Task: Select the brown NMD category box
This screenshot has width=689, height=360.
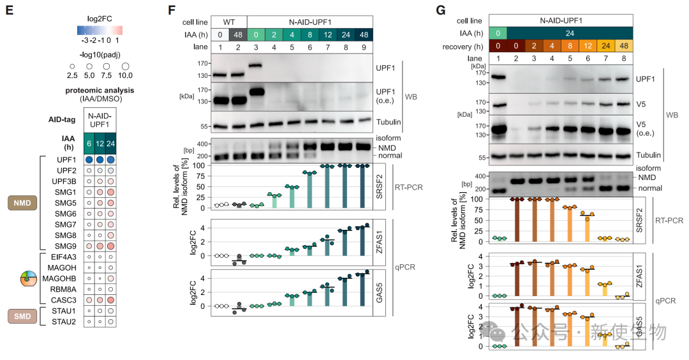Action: pos(22,202)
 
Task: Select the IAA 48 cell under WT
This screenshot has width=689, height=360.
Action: pos(238,34)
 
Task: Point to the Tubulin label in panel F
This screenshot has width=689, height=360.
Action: pos(389,126)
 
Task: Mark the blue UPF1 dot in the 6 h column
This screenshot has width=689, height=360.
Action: pos(90,159)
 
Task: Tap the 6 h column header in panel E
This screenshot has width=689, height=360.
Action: pos(90,144)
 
